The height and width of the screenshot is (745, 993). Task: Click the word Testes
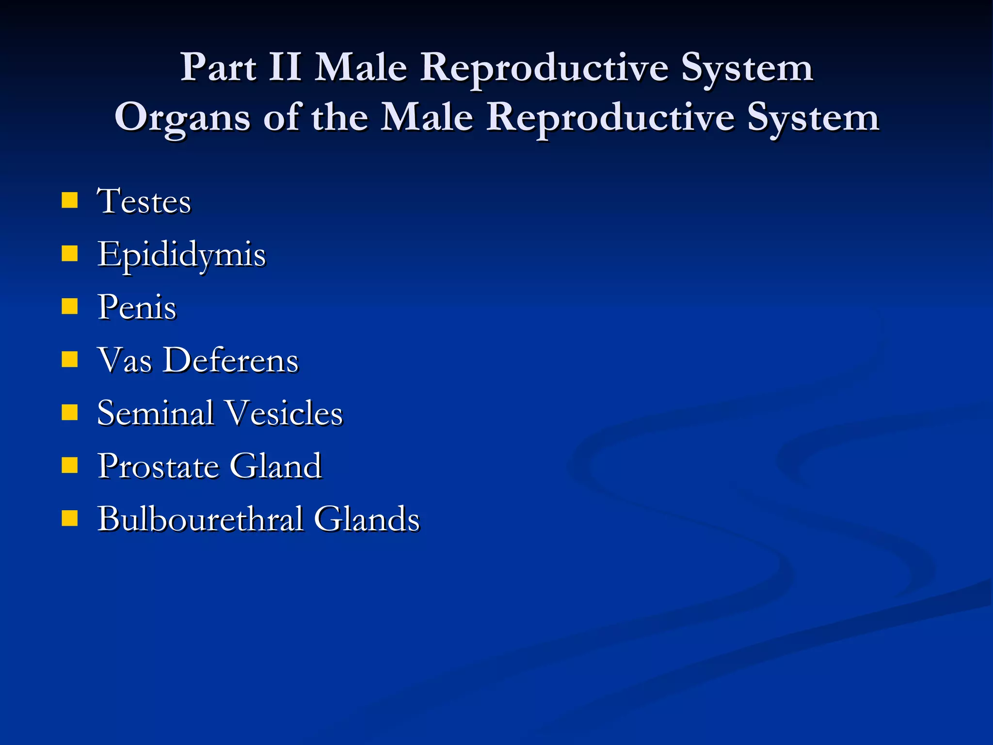point(144,201)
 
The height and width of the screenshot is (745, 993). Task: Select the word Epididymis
point(181,255)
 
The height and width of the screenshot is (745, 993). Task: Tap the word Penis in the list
point(137,308)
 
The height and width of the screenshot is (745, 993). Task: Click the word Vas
point(125,360)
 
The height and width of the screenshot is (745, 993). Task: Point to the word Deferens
point(230,360)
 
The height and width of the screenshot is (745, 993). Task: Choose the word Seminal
point(155,413)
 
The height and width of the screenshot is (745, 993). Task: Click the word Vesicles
point(285,413)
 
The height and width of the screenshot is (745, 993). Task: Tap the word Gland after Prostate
point(275,467)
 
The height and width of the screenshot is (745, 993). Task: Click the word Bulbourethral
point(200,519)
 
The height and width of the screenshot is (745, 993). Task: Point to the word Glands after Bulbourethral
point(367,519)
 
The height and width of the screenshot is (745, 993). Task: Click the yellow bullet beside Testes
point(70,200)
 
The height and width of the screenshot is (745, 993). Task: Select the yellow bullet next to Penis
point(70,307)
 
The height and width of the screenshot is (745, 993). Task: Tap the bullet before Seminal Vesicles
point(70,412)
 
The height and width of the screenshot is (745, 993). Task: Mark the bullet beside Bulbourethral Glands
point(70,518)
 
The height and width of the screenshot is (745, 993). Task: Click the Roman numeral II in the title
point(285,67)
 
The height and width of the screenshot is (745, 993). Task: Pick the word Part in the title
point(218,67)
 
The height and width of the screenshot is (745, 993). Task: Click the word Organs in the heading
point(182,118)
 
